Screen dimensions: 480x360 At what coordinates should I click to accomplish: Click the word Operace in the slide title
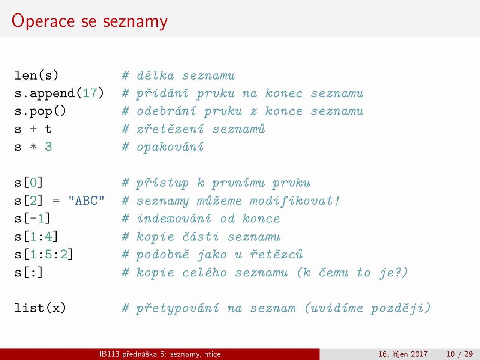point(43,21)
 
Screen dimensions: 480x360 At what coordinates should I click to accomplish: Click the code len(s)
point(36,75)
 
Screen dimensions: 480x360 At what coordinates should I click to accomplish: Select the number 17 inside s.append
point(90,93)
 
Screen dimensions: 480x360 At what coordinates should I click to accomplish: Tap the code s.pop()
point(40,111)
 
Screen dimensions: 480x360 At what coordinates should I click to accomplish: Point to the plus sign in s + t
point(33,129)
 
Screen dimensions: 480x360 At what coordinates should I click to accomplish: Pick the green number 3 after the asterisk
point(48,147)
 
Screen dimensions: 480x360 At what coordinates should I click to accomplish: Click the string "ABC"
point(86,200)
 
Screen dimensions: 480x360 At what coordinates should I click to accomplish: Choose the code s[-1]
point(33,218)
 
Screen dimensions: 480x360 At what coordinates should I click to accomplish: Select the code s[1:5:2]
point(44,254)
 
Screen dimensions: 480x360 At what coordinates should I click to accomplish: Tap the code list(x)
point(40,308)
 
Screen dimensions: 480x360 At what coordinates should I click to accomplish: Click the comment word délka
point(155,75)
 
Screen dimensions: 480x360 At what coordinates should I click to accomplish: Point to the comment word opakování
point(170,147)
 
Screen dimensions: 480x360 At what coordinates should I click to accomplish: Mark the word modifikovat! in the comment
point(294,201)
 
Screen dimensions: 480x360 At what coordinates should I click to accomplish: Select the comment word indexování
point(174,218)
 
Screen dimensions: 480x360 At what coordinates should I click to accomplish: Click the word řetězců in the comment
point(276,254)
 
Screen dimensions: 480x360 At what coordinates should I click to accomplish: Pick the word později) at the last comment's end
point(400,308)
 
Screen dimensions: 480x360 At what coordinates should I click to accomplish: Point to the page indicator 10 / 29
point(459,354)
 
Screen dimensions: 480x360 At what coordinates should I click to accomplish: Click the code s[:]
point(28,272)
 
